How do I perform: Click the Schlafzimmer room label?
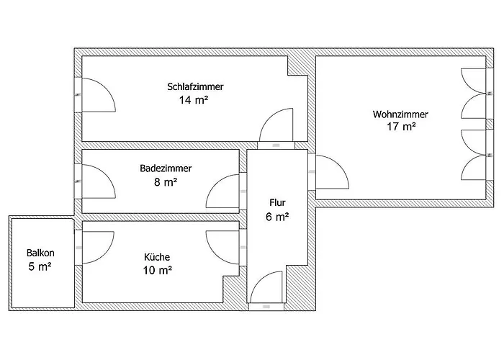click(195, 86)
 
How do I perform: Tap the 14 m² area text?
click(194, 100)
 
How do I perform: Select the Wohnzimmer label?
click(400, 114)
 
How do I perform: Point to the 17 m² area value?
click(401, 127)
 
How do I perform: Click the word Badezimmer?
click(166, 168)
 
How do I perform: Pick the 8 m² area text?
click(166, 182)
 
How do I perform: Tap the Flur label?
click(277, 202)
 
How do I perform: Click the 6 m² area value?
click(277, 216)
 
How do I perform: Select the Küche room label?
click(158, 256)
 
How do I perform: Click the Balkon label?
click(40, 253)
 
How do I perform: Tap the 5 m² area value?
click(40, 266)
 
